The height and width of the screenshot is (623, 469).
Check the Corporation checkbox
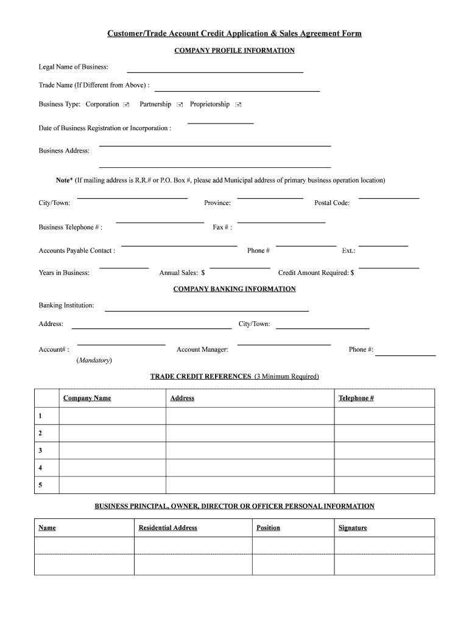[125, 105]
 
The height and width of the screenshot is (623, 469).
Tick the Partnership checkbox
[180, 105]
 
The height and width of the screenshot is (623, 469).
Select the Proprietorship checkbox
[238, 105]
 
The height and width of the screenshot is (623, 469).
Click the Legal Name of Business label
[74, 66]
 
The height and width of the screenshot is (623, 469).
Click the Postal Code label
[332, 203]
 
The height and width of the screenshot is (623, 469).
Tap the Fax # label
[222, 227]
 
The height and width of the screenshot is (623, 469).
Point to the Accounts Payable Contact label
[77, 251]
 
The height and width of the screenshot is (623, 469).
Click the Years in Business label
[64, 273]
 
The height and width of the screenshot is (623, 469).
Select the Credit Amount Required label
[316, 273]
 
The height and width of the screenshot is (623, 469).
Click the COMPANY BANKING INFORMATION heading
[234, 289]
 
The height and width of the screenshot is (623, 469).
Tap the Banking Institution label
[66, 305]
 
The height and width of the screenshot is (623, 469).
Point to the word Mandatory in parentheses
[94, 360]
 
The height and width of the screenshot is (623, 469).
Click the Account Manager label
[202, 349]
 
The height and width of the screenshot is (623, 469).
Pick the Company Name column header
[87, 398]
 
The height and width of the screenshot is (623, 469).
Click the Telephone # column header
[356, 398]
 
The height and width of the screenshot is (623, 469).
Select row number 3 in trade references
[40, 450]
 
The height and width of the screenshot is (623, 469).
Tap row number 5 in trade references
[40, 485]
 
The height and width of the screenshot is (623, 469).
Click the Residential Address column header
[168, 527]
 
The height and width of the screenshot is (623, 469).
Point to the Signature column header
[353, 527]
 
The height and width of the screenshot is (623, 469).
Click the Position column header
[269, 527]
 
